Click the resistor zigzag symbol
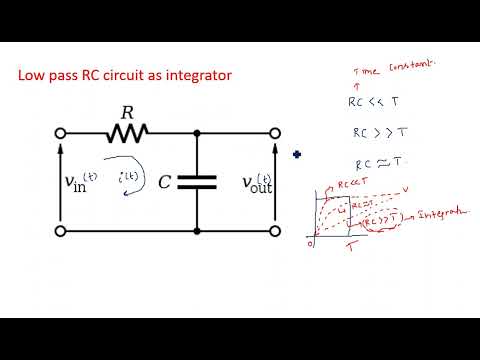point(129,132)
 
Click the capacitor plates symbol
point(198,182)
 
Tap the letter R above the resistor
point(127,112)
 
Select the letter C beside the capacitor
point(165,182)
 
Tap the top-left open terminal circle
point(60,132)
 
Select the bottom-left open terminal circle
point(60,232)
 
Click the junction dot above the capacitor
point(198,132)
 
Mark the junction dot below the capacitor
point(198,232)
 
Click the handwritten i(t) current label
point(130,178)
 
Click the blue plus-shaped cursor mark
point(297,154)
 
